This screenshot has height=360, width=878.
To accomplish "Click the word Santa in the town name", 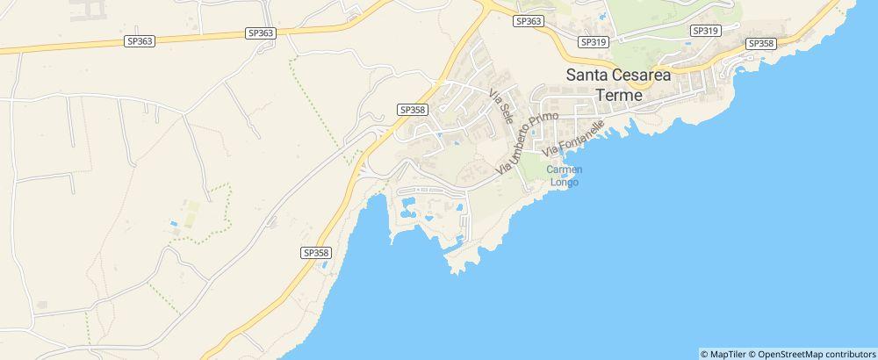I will coord(588,76).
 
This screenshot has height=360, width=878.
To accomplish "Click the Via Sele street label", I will coord(501,106).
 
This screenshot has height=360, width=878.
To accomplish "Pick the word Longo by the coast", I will coord(565,183).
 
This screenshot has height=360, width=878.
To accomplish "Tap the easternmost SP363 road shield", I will coord(529,20).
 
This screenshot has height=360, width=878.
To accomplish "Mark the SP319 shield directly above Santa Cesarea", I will coord(594,41).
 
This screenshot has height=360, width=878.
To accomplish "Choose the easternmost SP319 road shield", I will coord(705,30).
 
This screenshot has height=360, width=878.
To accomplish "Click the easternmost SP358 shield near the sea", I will coord(760,43).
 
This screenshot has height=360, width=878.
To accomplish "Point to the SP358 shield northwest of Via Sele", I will coord(412,110).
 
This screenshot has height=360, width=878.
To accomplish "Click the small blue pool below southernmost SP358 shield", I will coord(324,263).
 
